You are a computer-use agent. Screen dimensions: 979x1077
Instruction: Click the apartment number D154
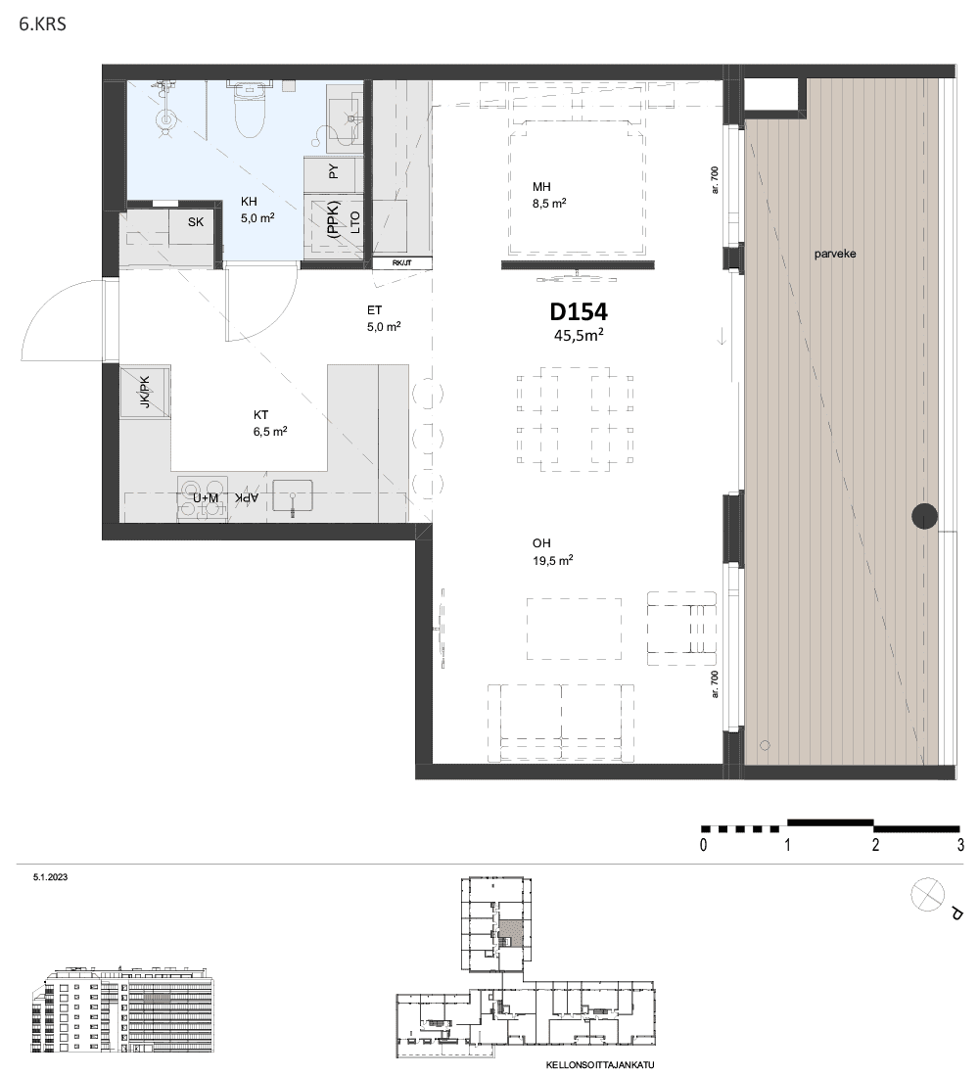coord(579,311)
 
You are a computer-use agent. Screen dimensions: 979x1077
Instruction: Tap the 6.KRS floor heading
coord(43,24)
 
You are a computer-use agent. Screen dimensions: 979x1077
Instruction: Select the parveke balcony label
coord(835,254)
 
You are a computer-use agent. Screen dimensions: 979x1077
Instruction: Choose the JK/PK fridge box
coord(145,393)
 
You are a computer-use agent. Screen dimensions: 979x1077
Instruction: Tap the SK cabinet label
coord(196,222)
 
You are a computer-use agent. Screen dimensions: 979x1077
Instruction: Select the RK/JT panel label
coord(402,263)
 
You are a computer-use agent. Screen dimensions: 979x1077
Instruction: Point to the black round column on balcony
coord(924,516)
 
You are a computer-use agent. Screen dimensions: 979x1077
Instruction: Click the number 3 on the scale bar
coord(960,845)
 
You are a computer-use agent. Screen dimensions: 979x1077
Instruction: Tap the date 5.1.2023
coord(50,877)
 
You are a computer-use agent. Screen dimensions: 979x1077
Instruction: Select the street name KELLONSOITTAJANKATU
coord(600,1065)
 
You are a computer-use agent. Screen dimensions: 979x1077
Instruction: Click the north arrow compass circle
coord(927,895)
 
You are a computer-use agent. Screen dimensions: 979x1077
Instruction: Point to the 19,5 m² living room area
coord(552,560)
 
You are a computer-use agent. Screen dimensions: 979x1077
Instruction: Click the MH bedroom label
coord(541,187)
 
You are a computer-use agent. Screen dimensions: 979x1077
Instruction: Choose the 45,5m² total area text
coord(579,335)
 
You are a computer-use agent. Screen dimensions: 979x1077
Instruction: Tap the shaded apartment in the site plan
coord(510,934)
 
